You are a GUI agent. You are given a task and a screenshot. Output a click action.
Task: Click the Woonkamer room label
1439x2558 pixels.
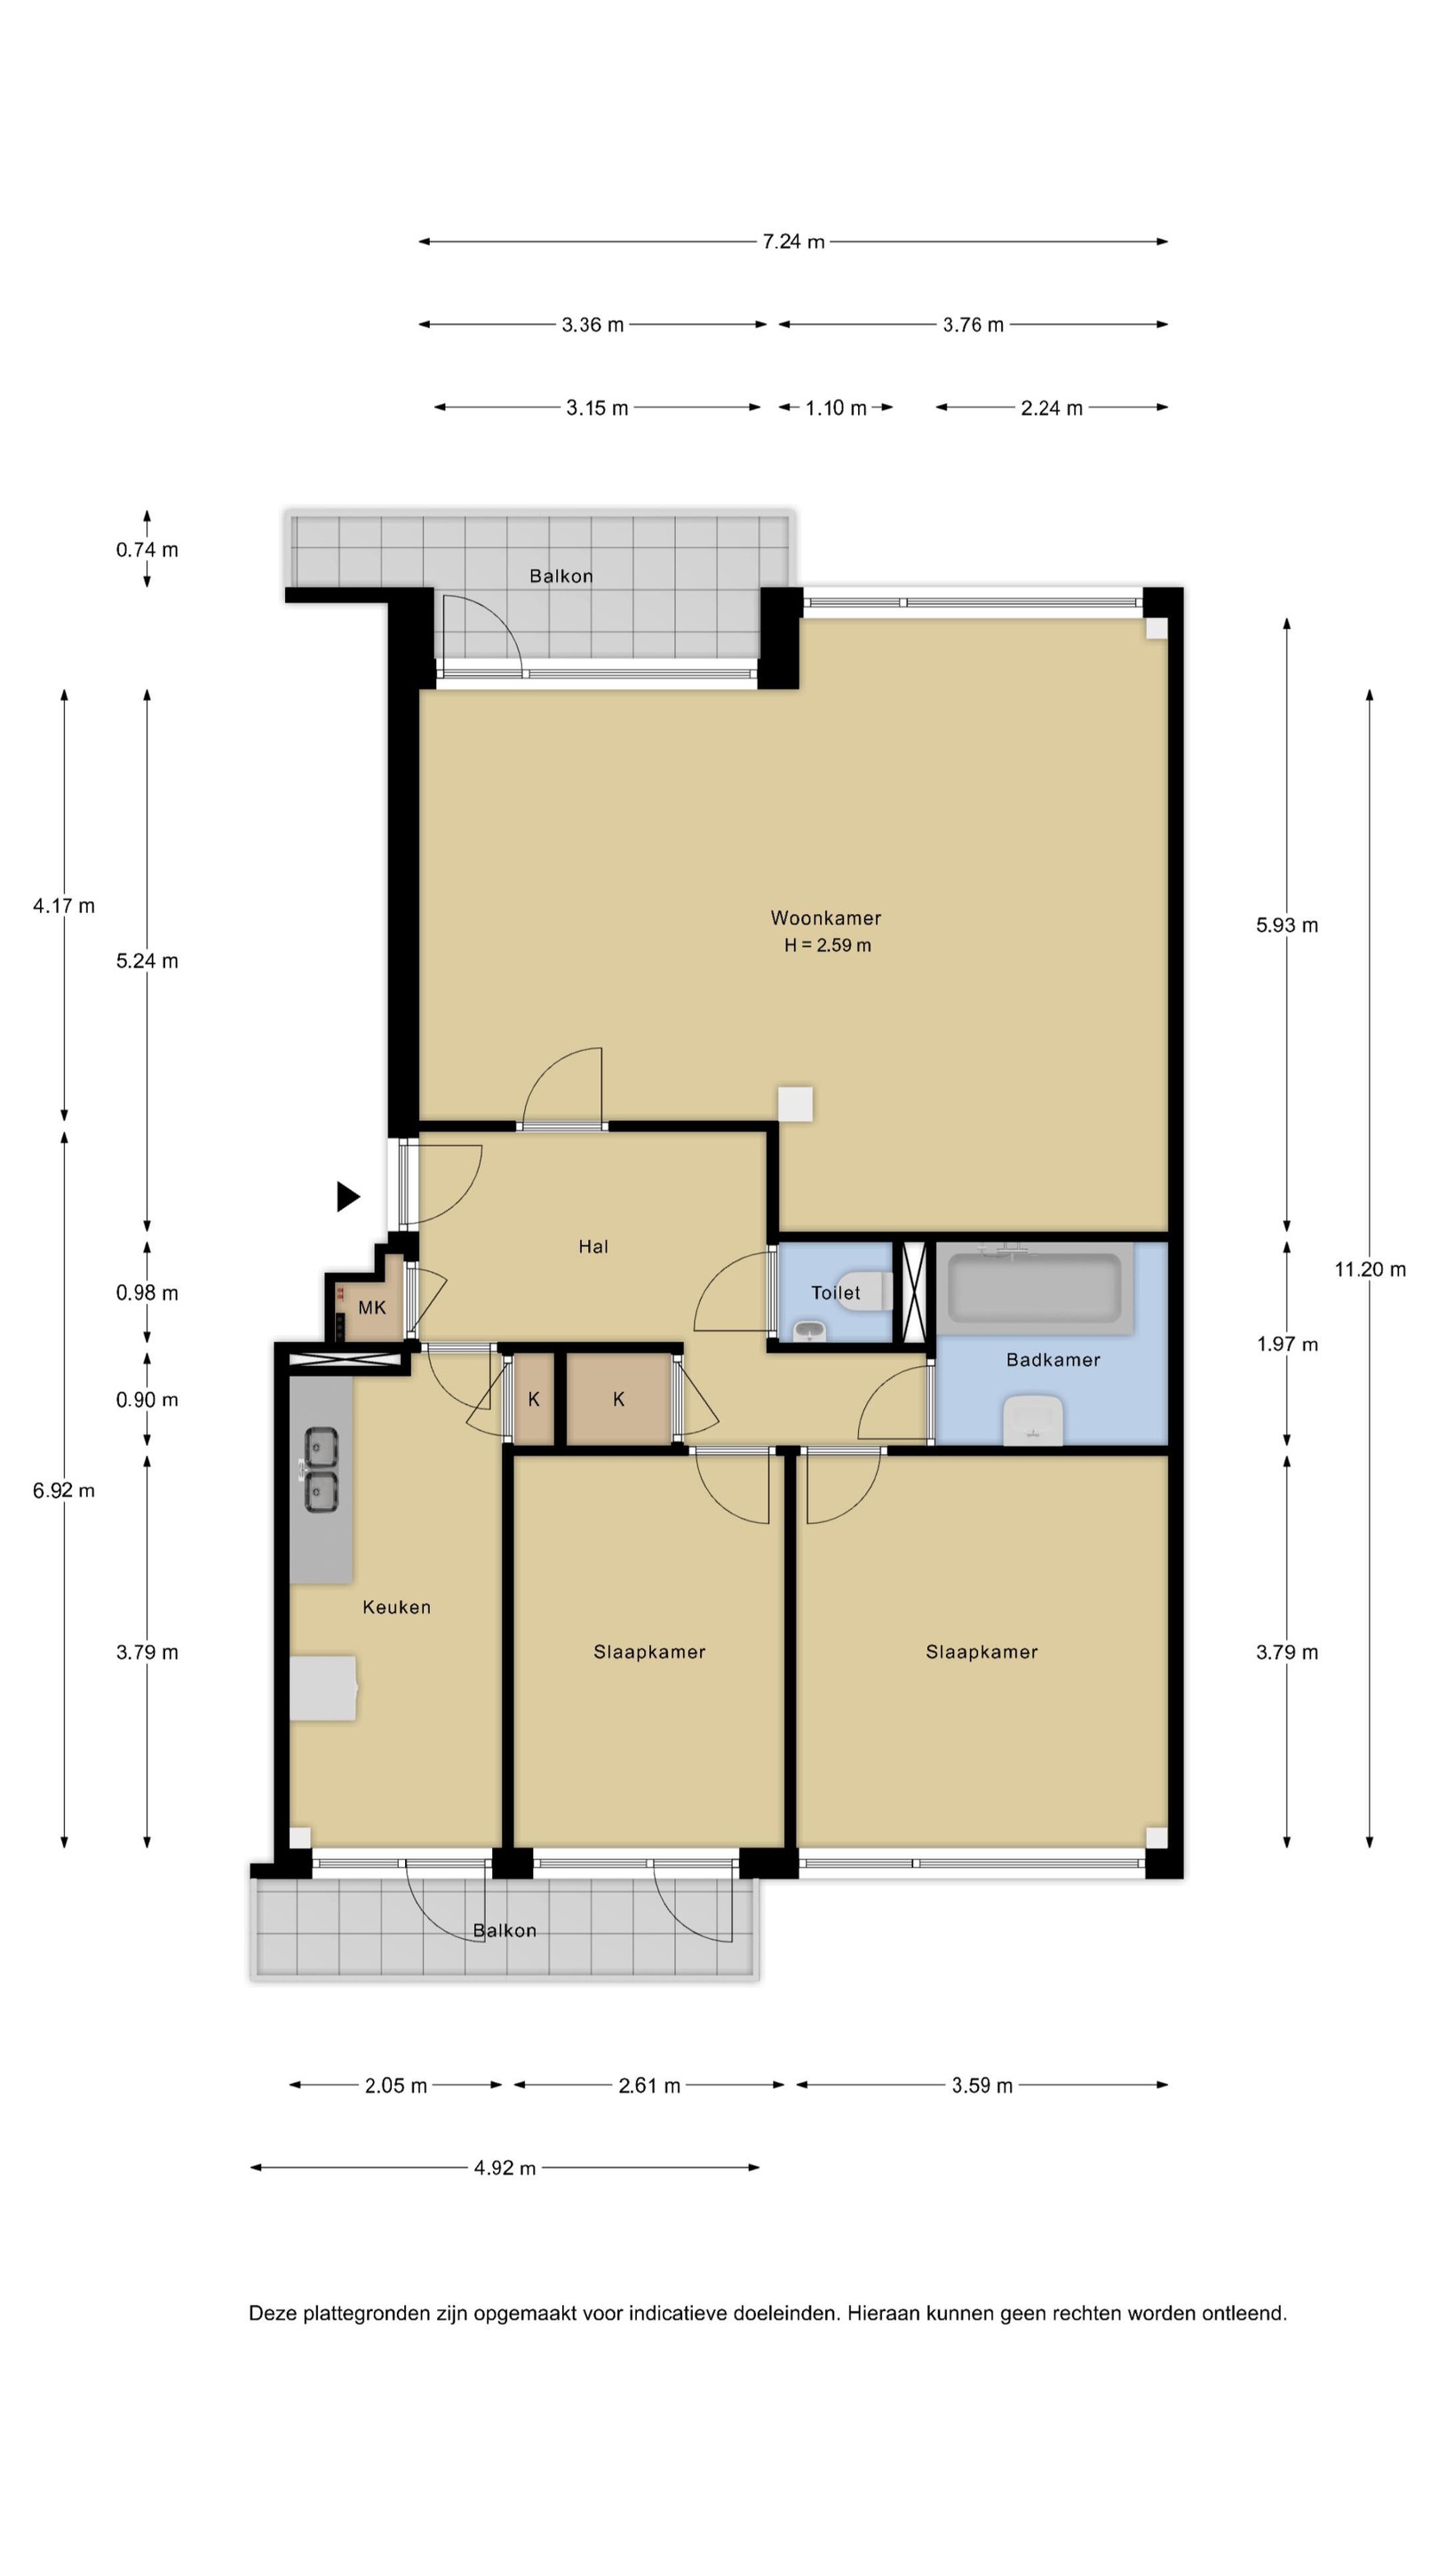coord(825,918)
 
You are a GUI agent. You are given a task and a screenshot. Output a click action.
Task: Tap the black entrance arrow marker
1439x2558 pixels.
coord(347,1196)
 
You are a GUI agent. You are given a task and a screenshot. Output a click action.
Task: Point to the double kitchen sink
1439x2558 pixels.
coord(320,1471)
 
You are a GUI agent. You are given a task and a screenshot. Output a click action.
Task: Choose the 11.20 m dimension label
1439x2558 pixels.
coord(1370,1269)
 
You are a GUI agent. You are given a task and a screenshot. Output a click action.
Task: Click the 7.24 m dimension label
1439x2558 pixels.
coord(793,242)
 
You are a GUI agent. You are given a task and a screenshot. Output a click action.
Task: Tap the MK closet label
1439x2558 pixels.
coord(372,1307)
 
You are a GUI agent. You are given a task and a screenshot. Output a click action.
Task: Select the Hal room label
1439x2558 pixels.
coord(592,1246)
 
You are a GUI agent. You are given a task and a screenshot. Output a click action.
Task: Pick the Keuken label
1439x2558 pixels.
coord(396,1607)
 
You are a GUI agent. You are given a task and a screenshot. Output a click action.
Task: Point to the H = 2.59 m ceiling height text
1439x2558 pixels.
coord(827,945)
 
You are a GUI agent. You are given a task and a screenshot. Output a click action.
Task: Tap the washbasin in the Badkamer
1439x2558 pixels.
coord(1033,1421)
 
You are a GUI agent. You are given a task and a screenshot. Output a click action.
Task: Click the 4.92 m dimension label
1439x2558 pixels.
coord(505,2168)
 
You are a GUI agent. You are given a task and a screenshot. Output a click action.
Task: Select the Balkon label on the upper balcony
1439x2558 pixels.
coord(561,576)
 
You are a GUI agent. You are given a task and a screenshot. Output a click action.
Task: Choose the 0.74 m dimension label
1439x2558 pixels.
coord(147,550)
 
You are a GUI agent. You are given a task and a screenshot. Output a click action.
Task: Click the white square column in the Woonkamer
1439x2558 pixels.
coord(796,1103)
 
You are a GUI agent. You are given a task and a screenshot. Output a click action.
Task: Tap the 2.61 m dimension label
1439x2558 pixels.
coord(649,2085)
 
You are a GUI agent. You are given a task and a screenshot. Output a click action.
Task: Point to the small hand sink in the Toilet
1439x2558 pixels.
coord(810,1331)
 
